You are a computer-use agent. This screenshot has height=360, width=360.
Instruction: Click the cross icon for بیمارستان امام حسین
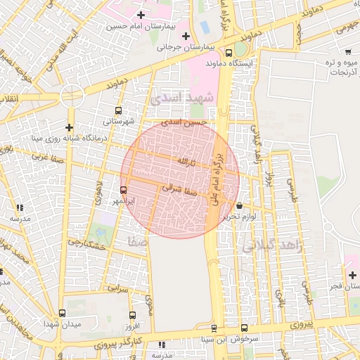tap(141, 15)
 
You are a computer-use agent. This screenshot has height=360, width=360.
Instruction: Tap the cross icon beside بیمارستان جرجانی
tap(186, 36)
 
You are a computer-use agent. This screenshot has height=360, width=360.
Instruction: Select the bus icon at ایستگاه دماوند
tap(229, 53)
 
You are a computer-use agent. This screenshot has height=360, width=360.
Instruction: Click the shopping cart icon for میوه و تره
tap(349, 52)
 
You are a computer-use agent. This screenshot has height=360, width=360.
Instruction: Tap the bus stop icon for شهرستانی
tap(118, 110)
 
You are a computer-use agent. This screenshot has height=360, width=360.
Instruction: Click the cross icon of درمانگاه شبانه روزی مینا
tap(69, 127)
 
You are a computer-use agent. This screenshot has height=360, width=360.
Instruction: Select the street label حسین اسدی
tap(184, 122)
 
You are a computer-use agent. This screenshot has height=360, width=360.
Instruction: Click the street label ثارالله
tap(184, 162)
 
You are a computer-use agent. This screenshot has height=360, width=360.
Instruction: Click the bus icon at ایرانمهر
tap(124, 190)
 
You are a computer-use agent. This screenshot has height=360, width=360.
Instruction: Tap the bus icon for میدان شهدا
tap(62, 314)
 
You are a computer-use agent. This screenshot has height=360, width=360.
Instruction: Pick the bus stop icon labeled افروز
tap(132, 314)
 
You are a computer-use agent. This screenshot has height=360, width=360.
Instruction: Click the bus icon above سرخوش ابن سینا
tap(244, 328)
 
